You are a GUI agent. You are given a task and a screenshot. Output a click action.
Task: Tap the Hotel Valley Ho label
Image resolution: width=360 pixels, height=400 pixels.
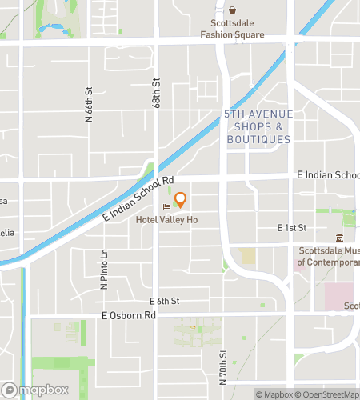tap(166, 220)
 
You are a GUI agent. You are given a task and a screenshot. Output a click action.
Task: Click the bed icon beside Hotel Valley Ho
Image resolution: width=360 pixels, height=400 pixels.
tap(167, 208)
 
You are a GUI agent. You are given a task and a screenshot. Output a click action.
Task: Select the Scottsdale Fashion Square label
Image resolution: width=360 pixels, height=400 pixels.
tap(233, 30)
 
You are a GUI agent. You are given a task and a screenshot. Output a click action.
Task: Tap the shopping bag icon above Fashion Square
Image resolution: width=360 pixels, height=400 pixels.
tap(233, 11)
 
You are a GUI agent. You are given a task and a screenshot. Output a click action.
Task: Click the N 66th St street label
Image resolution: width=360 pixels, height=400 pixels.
tap(89, 104)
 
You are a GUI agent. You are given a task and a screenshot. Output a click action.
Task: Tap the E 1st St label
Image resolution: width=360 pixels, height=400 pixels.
tap(292, 228)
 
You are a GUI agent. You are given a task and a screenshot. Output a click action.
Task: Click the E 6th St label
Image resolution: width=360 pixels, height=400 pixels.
tap(165, 301)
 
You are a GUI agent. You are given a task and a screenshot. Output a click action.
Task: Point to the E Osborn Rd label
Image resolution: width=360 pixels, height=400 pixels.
tap(128, 316)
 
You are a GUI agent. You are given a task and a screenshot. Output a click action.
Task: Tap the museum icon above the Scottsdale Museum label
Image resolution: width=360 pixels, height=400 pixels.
tap(340, 238)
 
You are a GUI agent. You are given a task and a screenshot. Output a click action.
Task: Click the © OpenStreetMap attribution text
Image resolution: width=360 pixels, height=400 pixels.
tap(330, 394)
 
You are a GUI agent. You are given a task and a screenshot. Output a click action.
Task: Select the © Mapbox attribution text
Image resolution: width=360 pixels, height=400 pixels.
tap(274, 394)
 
